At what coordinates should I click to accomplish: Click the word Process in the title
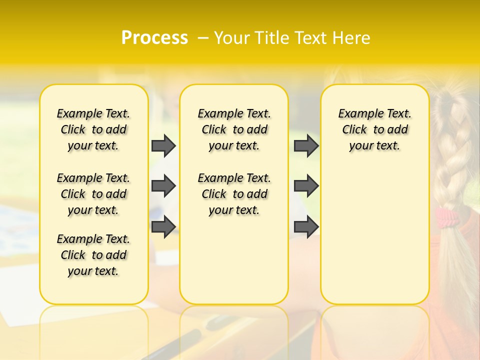click(154, 37)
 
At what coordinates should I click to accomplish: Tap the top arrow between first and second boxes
click(163, 145)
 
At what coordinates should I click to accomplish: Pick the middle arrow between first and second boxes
click(163, 186)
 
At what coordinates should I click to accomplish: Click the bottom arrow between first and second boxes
click(163, 226)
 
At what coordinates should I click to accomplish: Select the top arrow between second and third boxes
click(306, 145)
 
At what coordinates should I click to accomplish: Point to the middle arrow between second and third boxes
click(306, 186)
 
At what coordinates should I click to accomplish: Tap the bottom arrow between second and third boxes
click(306, 226)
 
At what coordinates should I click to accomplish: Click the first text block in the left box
click(93, 129)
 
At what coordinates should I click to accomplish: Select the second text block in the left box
click(93, 194)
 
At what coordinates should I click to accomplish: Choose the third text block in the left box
click(93, 255)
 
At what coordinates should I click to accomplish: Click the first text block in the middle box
click(234, 129)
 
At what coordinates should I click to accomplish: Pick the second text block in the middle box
click(234, 194)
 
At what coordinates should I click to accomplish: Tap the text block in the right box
click(374, 129)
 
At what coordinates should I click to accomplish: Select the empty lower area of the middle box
click(234, 260)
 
